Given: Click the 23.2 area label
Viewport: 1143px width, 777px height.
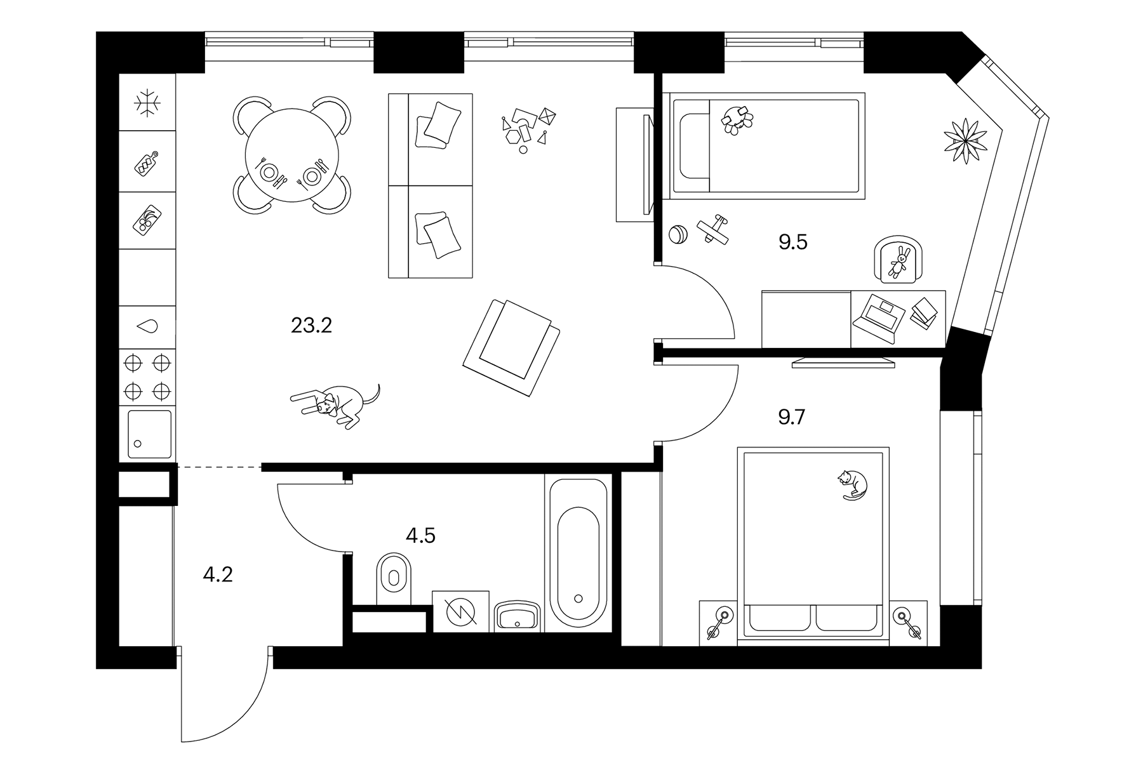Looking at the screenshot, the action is [x=311, y=326].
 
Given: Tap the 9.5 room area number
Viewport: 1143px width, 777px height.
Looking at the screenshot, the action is [x=793, y=242].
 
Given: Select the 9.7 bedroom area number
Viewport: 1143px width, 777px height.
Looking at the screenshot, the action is [x=792, y=417].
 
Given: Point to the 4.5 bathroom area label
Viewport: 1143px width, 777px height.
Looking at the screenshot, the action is [x=420, y=536].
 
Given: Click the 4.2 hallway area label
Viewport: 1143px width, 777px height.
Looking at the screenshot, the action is [x=218, y=574].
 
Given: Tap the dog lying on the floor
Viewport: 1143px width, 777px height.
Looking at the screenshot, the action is [x=335, y=404].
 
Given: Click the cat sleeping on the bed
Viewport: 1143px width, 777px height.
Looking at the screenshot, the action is [x=852, y=485].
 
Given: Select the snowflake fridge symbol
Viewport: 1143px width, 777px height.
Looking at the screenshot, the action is [x=147, y=103].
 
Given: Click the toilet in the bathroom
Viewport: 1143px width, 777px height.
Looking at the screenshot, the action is [x=394, y=578].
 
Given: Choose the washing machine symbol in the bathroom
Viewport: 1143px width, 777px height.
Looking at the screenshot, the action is [x=460, y=611].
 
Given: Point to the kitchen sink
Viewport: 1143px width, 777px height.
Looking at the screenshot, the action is [x=149, y=434].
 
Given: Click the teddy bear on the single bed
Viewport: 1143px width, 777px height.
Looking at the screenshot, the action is [x=737, y=119].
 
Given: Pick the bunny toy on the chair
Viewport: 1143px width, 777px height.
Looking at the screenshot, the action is [x=899, y=262].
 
